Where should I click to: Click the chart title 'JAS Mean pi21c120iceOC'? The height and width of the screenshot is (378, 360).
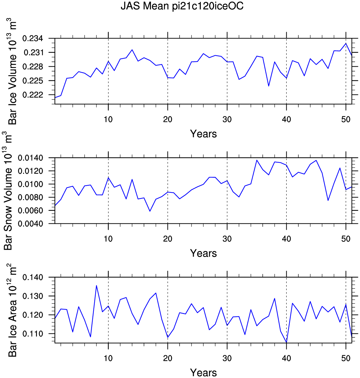coord(182,6)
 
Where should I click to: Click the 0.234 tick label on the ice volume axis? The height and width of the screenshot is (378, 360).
coord(33,38)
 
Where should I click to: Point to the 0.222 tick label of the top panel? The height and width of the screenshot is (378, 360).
coord(33,95)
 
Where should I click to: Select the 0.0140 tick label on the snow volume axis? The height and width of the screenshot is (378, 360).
coord(30,158)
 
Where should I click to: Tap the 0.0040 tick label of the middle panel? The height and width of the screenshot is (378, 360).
coord(30,223)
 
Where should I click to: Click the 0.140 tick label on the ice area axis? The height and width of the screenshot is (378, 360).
coord(33,277)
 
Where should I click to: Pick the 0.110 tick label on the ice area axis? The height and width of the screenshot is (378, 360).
coord(33,334)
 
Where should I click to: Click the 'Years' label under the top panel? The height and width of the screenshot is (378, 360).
coord(203,134)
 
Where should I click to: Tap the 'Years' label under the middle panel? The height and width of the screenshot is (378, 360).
coord(203,253)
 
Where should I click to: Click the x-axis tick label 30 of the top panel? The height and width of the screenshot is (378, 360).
coord(227,119)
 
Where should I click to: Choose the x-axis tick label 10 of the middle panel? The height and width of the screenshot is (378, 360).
coord(108,239)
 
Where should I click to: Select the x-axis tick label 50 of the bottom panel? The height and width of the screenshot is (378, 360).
coord(346,358)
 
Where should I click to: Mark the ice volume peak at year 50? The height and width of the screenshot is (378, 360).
coord(346,43)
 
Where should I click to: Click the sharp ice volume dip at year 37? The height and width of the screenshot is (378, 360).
coord(269,86)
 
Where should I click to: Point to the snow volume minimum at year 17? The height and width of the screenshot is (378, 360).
coord(150,211)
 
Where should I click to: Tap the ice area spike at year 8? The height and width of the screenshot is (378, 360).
coord(96,286)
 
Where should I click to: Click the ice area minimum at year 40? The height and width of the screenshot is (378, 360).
coord(286,342)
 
